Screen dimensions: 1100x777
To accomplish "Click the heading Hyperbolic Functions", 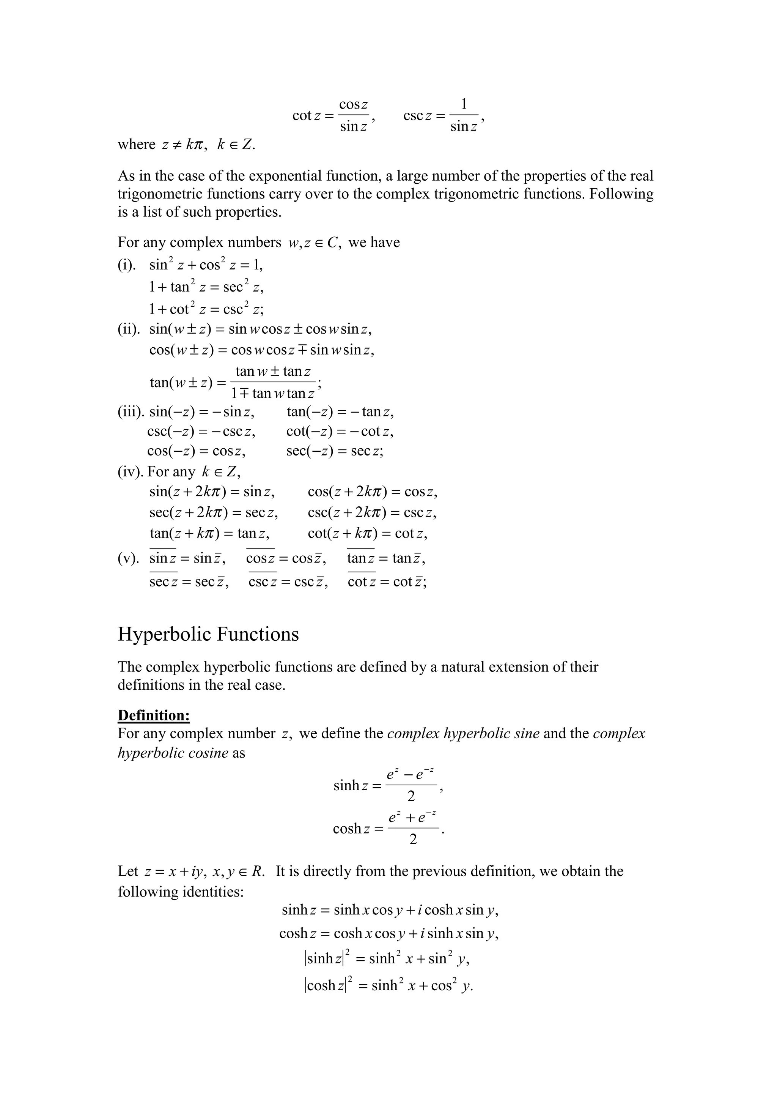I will pos(208,634).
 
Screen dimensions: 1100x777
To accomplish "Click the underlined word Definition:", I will pos(154,715).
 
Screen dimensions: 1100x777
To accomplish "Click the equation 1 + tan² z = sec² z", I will pos(206,287).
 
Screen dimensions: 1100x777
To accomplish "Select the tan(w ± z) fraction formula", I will pos(234,382).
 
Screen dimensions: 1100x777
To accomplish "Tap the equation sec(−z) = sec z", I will pos(335,451).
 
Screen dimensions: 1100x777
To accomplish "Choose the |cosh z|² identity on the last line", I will pos(388,985).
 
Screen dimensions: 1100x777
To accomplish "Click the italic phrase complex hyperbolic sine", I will pos(463,733).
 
